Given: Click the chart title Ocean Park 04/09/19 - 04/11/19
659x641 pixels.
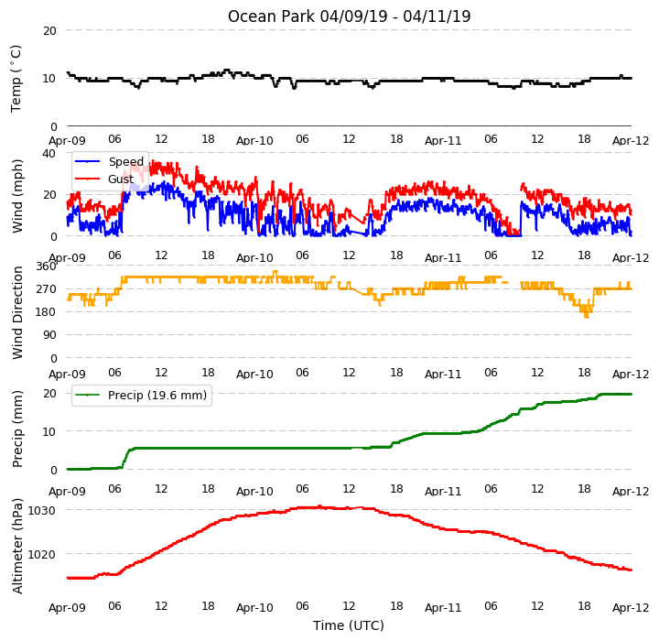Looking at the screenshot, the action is click(349, 16).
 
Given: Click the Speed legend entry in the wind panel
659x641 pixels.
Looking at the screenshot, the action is click(126, 161).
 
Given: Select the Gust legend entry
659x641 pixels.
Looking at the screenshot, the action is click(121, 179).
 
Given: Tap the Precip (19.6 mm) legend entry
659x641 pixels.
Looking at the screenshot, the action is click(157, 396).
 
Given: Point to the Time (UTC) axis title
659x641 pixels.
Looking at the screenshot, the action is click(349, 625).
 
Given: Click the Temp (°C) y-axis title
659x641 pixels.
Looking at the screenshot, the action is click(16, 79).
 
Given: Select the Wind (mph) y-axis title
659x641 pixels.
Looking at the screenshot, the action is click(16, 196).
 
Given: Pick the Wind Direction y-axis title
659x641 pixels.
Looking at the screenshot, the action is click(16, 312).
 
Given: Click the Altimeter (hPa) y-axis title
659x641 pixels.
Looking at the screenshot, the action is click(16, 546).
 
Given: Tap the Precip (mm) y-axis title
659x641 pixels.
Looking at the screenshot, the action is click(16, 429).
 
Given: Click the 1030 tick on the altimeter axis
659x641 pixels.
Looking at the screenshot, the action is click(41, 511).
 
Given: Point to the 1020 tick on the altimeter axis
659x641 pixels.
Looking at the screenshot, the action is click(41, 554).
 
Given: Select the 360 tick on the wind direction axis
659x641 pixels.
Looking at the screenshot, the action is click(47, 266).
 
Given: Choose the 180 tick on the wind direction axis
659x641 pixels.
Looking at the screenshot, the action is click(47, 312).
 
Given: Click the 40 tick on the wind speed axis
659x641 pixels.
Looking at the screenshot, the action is click(49, 154).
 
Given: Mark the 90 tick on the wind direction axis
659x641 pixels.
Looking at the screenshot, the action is click(49, 335).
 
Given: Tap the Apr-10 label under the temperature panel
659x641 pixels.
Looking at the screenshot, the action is click(254, 140).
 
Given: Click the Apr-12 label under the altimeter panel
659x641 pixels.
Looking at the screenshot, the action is click(631, 608).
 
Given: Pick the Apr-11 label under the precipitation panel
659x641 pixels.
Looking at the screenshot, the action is click(443, 491).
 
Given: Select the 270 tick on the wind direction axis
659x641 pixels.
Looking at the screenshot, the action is click(47, 289).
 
